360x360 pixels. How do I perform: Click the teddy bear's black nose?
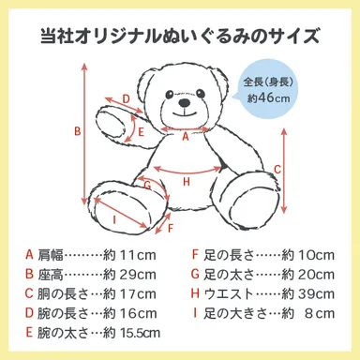click(x=184, y=102)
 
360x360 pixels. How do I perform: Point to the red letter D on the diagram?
click(x=126, y=99)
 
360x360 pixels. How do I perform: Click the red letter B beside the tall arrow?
click(x=77, y=131)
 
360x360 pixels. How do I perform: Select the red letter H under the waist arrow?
click(x=187, y=181)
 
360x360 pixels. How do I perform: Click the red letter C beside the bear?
click(x=277, y=169)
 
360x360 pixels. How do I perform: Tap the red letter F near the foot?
click(x=170, y=229)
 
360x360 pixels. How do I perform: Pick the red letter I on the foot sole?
click(x=114, y=220)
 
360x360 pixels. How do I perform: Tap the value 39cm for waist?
click(x=316, y=293)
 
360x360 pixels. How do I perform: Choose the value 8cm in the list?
click(x=320, y=313)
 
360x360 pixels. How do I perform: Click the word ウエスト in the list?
click(x=229, y=293)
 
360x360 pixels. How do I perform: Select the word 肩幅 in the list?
click(x=51, y=255)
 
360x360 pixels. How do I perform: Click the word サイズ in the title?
click(x=296, y=36)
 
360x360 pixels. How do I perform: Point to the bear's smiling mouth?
click(x=185, y=112)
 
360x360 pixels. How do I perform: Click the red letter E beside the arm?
click(x=141, y=132)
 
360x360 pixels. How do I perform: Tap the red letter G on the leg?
click(x=147, y=186)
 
